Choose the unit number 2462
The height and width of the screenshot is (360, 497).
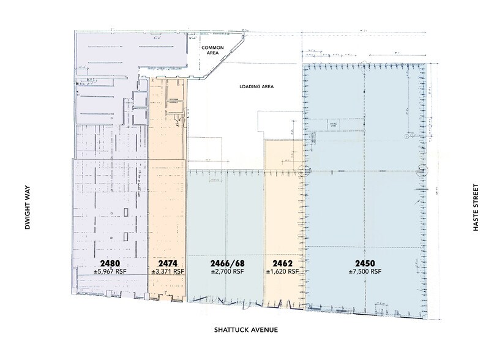[x=283, y=262]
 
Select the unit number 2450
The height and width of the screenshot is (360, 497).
[x=365, y=262]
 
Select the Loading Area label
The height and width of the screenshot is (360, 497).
[x=255, y=86]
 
